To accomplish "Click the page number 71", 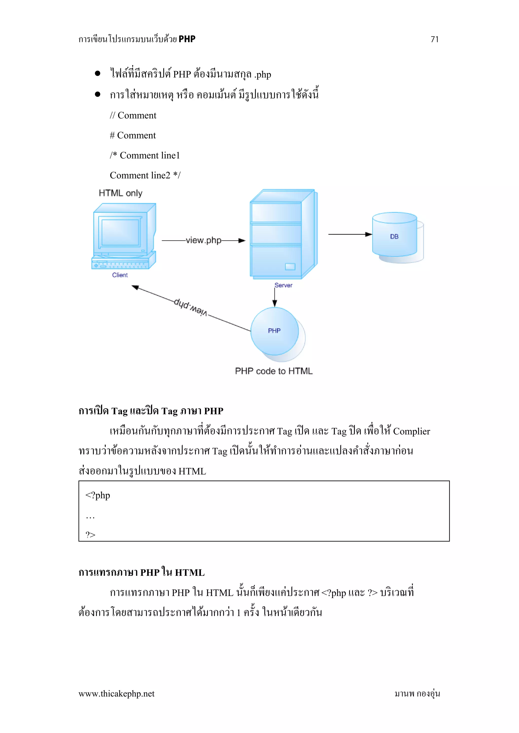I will coord(434,39).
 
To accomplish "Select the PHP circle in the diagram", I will coord(274,331).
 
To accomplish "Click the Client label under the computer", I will coord(120,275).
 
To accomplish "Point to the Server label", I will coord(283,285).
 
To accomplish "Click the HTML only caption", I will coord(120,193).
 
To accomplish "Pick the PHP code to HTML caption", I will coord(273,371).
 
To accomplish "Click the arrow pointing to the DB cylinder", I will coord(350,234).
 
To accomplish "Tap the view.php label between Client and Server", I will coord(203,240).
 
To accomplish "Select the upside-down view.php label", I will coord(191,308).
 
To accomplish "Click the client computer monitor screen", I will coord(120,232).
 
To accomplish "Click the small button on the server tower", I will coord(290,267).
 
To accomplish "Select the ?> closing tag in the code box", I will coord(90,535).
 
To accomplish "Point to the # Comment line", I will coord(133,135).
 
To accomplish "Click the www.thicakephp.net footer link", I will coord(117,694).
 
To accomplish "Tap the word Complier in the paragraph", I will coord(411,431).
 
